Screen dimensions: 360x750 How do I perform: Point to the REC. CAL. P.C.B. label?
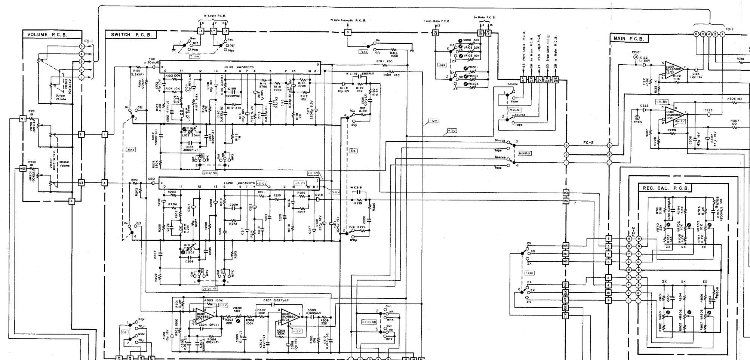point(665,188)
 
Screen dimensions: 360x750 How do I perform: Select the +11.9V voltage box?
point(661,102)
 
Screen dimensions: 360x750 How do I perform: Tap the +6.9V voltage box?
point(313,173)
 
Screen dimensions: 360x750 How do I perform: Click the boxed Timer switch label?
point(194,56)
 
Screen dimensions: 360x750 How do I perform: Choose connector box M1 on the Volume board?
point(22,119)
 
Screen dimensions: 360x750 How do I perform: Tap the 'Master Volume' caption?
point(64,164)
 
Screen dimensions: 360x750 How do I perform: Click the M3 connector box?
point(566,193)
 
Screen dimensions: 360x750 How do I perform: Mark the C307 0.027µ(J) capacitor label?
point(276,300)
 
